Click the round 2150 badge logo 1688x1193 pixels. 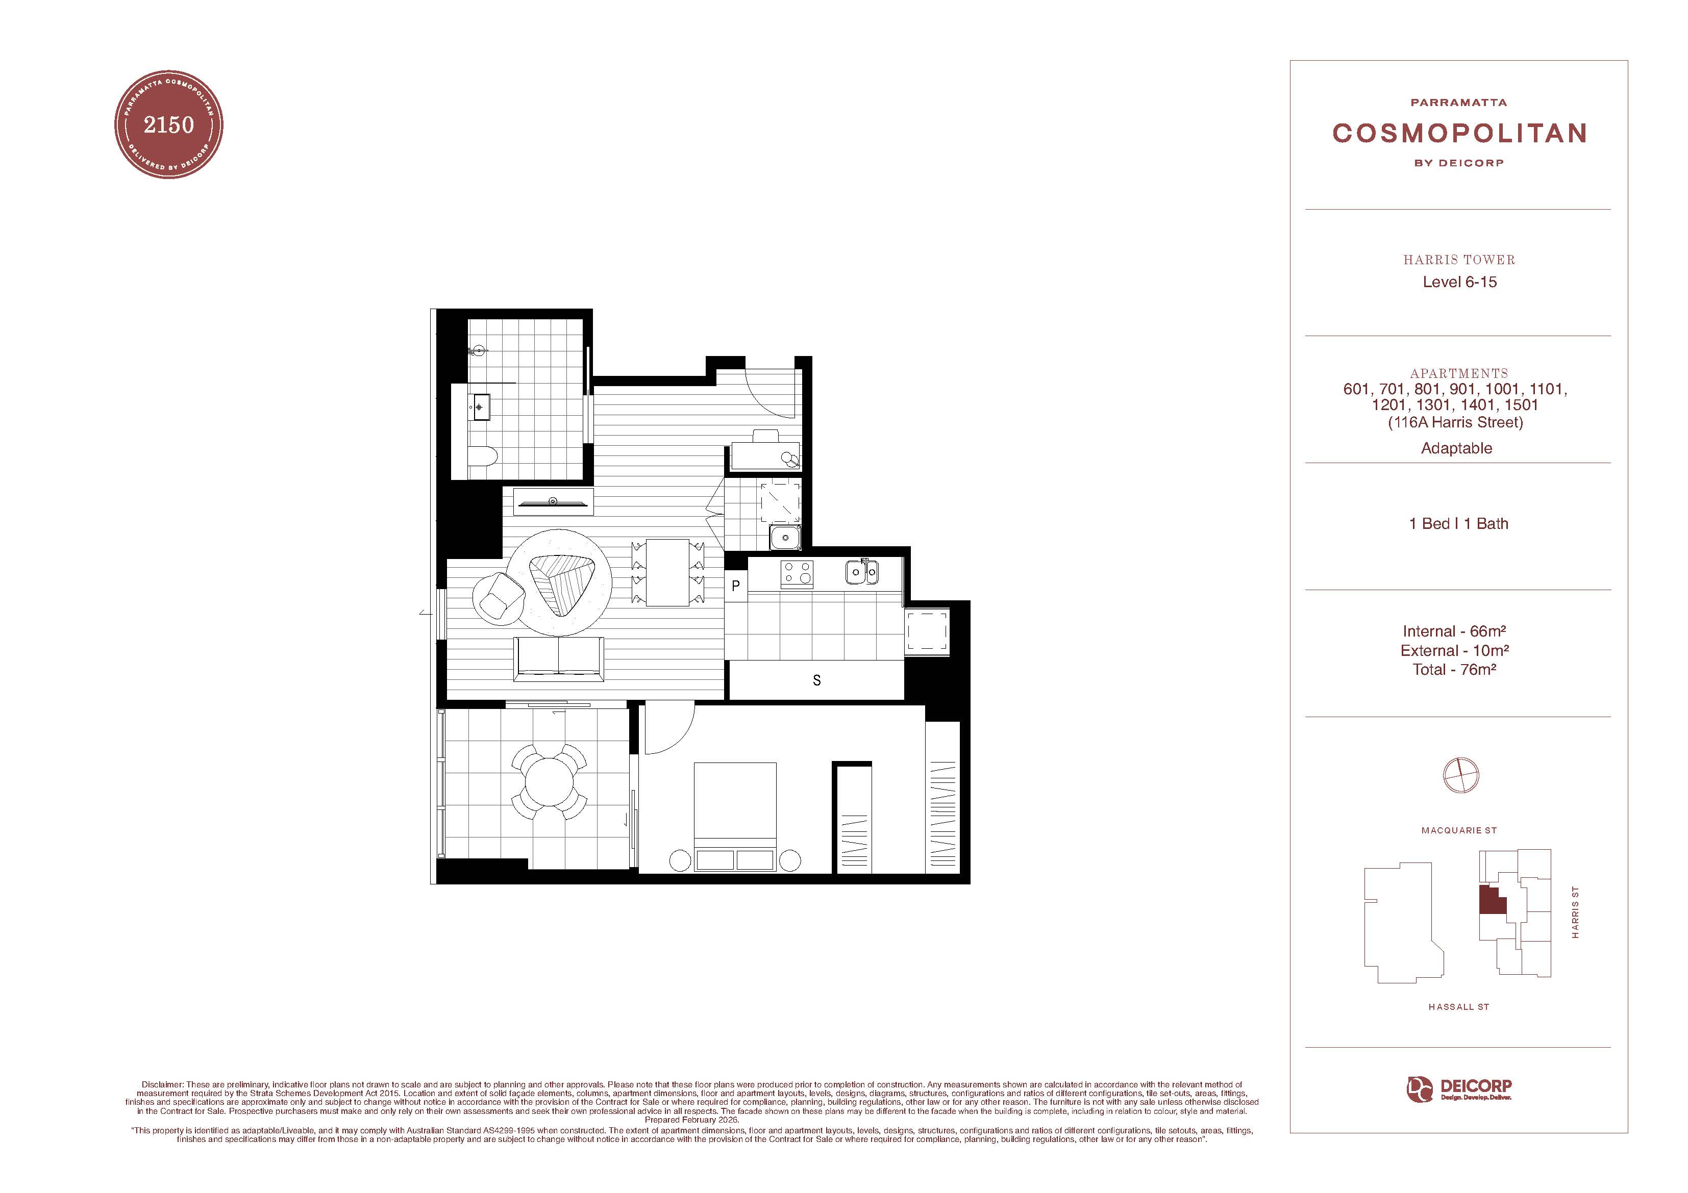tap(168, 125)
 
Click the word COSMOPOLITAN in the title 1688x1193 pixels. tap(1459, 133)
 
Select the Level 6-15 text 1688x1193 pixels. tap(1459, 282)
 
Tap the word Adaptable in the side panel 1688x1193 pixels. tap(1456, 448)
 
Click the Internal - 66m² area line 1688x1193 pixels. tap(1454, 631)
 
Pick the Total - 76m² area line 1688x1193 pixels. tap(1454, 670)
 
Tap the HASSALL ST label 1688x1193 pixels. tap(1458, 1007)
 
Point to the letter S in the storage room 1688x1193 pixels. tap(817, 681)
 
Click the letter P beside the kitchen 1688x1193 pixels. tap(735, 587)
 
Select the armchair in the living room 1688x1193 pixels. tap(497, 595)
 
